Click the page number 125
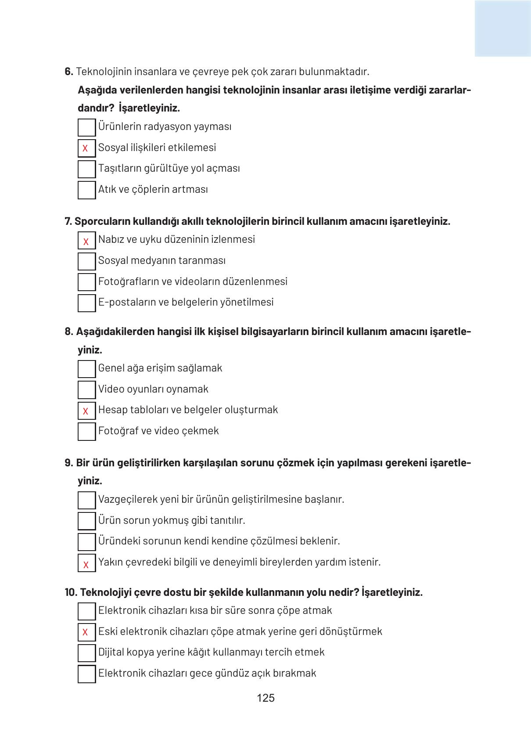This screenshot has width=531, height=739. click(x=265, y=698)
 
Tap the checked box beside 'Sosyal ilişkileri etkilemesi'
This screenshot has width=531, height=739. click(x=86, y=148)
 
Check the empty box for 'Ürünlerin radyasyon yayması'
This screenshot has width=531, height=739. click(x=86, y=127)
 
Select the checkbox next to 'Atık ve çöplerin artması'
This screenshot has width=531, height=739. click(x=86, y=190)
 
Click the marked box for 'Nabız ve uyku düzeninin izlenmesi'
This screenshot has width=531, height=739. click(x=86, y=241)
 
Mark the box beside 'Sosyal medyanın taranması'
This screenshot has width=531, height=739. click(x=86, y=261)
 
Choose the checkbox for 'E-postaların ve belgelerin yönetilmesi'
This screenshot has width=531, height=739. click(x=86, y=303)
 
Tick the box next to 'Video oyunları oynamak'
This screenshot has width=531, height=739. click(x=86, y=389)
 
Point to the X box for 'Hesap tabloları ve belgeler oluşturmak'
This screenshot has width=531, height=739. click(x=86, y=411)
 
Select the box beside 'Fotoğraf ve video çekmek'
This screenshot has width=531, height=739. click(x=86, y=431)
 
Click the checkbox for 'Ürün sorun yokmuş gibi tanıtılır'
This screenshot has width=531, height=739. click(x=86, y=521)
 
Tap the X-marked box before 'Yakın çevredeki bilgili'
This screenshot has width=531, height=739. click(x=86, y=563)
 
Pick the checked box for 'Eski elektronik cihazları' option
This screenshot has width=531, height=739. click(x=86, y=632)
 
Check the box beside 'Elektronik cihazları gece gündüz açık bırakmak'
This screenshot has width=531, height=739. click(x=86, y=674)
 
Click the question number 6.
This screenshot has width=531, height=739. click(x=68, y=72)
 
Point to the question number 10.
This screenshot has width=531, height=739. click(x=71, y=592)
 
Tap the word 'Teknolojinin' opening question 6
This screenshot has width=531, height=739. click(x=104, y=72)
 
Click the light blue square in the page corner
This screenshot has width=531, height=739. click(x=502, y=29)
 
